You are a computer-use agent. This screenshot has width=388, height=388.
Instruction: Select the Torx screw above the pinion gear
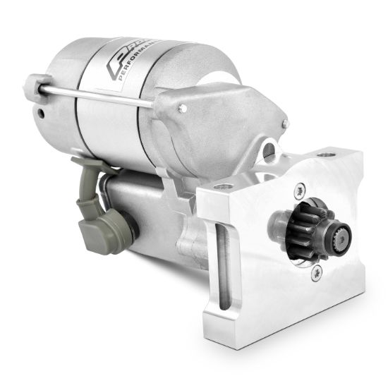click(x=300, y=190)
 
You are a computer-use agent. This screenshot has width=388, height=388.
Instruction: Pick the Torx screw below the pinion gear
click(x=311, y=278)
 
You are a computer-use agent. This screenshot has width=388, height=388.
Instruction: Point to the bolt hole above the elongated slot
click(x=225, y=186)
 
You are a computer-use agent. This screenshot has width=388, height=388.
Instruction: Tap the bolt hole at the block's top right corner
click(x=327, y=154)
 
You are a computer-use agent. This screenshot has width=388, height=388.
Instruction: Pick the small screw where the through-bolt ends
click(x=183, y=108)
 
